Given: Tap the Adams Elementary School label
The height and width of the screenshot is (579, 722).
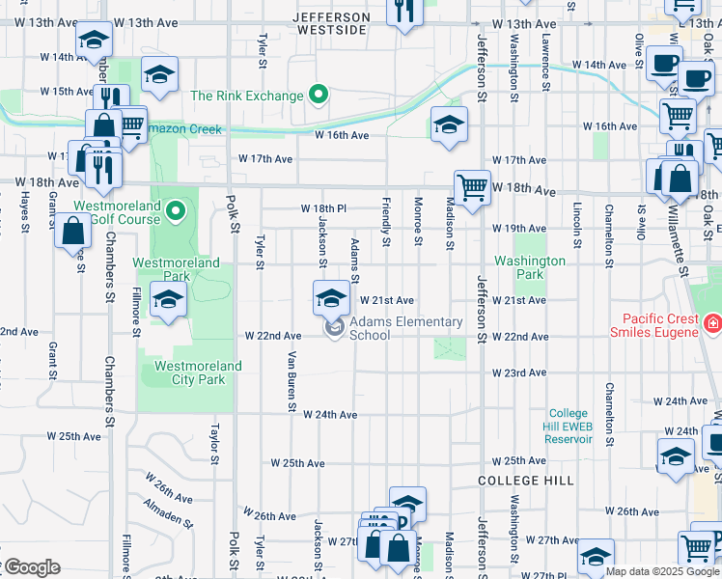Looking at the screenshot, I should tap(404, 328).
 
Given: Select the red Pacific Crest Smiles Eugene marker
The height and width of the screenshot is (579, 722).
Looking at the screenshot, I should tap(712, 324).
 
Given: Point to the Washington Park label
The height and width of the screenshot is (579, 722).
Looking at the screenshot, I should tap(530, 267).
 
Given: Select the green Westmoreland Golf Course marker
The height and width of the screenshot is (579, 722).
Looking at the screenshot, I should tap(175, 210).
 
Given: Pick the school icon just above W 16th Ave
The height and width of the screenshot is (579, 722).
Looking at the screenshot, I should tap(448, 124).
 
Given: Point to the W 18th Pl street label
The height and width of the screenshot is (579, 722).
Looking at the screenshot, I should tap(322, 208).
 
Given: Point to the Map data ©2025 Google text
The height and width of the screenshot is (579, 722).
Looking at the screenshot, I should tap(662, 571).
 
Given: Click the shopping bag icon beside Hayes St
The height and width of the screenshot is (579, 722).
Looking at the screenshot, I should tap(73, 232).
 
